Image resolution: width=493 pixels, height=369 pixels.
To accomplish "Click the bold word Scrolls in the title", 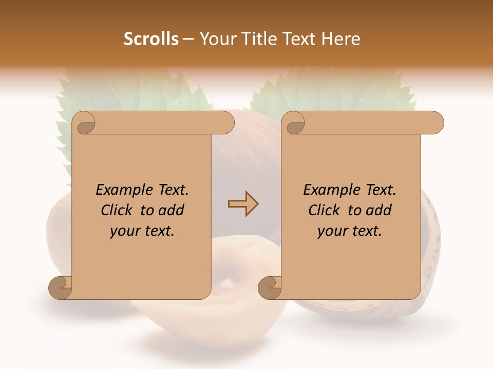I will (151, 39).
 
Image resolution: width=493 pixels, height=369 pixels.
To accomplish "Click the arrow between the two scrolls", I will (243, 204).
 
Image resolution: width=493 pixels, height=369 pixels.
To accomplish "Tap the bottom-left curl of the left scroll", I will (61, 288).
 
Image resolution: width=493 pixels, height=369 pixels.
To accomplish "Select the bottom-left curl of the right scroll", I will (270, 288).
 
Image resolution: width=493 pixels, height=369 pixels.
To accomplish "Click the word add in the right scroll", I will (378, 210).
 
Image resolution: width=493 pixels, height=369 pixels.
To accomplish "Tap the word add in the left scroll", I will (171, 210).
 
